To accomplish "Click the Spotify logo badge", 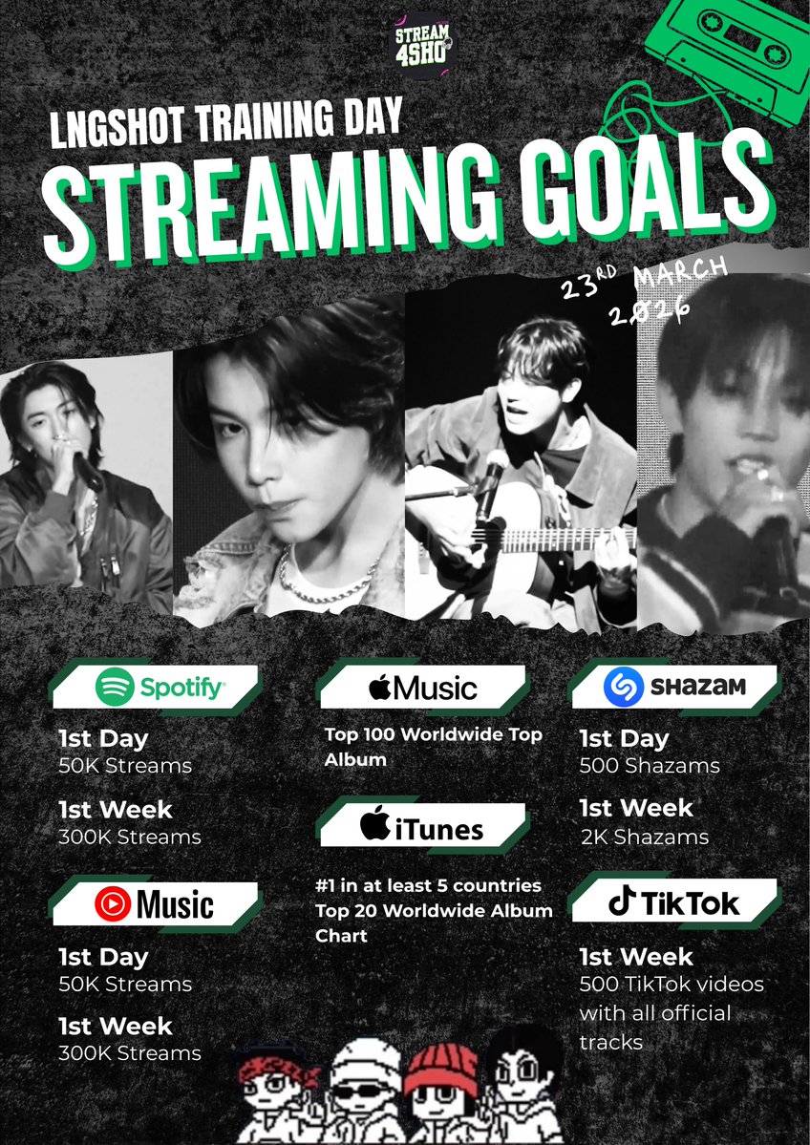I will click(x=160, y=686).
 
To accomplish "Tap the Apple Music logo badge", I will click(x=421, y=688).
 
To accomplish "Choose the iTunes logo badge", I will click(x=421, y=825).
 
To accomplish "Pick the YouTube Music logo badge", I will click(x=154, y=903).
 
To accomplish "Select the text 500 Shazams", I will click(x=650, y=766).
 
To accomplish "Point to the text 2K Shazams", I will click(x=644, y=837).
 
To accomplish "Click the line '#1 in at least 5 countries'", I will click(x=428, y=885).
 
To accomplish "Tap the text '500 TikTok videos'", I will click(x=671, y=984).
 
